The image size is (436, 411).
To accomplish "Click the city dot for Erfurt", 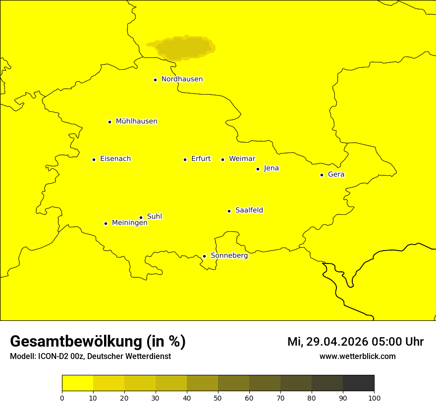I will pos(185,159).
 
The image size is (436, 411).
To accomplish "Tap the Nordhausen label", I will pos(182,79).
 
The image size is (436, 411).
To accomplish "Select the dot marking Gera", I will pos(322,175).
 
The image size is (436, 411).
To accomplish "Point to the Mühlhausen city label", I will pos(136,121).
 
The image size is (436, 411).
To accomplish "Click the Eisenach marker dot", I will pos(94,159).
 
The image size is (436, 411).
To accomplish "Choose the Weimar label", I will pos(242,159).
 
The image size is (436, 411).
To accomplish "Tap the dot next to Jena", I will pos(258,169).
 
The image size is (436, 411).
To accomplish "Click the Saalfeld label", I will pos(249,210).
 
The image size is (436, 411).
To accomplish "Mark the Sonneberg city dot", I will pos(204,256).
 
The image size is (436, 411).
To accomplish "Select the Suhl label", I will pos(155,216).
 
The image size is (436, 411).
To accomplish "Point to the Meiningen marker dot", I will pos(106,223).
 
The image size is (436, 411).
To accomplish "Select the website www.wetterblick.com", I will pos(357,356).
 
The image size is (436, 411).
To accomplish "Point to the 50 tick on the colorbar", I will pos(218,398).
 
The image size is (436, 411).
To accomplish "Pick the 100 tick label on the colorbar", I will pos(374,398).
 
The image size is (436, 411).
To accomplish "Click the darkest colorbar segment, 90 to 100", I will pos(358,383).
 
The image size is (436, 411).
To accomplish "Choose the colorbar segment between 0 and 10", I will pos(77,383).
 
